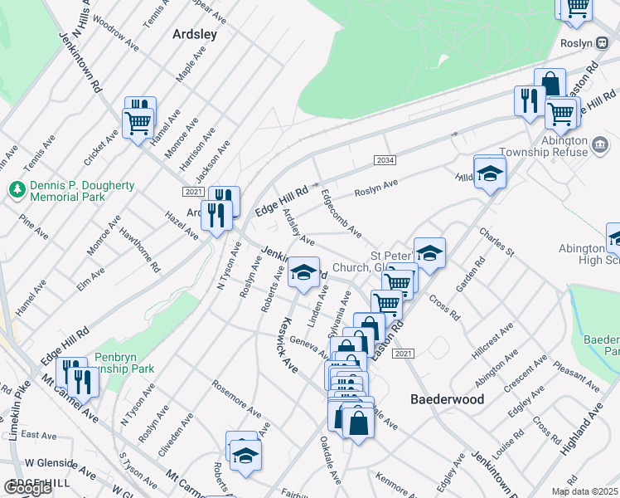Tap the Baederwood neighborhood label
(448, 398)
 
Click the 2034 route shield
(384, 160)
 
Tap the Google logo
(28, 487)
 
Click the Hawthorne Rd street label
(138, 251)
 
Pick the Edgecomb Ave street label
(341, 214)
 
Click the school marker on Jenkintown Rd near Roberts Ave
(303, 272)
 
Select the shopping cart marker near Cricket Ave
(137, 124)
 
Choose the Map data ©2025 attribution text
(583, 491)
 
